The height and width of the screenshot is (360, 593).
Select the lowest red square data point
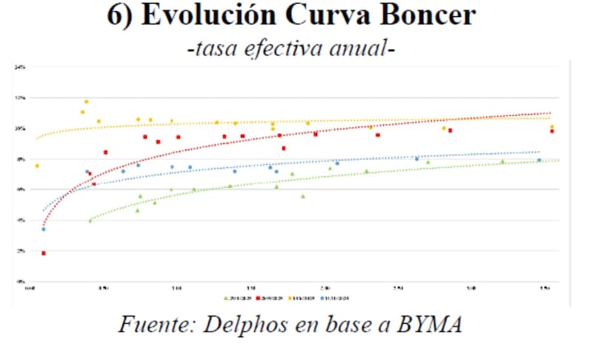point(44,253)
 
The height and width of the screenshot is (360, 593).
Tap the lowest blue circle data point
point(44,230)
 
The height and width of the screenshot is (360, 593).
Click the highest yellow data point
point(86,101)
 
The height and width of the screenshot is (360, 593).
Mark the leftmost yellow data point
point(36,165)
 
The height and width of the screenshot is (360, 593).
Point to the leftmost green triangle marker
point(90,220)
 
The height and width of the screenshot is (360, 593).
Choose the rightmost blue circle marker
point(539,160)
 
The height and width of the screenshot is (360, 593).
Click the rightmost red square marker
point(551,131)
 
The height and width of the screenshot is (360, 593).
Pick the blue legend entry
point(334,298)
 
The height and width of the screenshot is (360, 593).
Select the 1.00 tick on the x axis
point(176,288)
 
